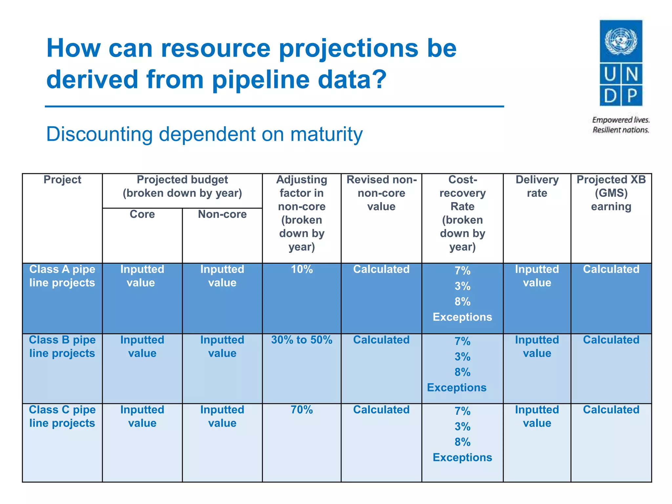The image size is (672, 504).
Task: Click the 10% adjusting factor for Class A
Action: pyautogui.click(x=302, y=269)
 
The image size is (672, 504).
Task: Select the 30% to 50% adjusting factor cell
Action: pyautogui.click(x=302, y=340)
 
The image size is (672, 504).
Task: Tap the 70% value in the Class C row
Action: pyautogui.click(x=302, y=410)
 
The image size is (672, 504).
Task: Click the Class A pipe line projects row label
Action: pyautogui.click(x=62, y=276)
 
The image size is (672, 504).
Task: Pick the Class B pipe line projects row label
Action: pyautogui.click(x=62, y=346)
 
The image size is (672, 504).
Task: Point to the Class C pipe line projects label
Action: pyautogui.click(x=62, y=416)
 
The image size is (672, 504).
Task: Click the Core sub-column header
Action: pyautogui.click(x=142, y=214)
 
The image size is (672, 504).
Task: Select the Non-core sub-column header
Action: pyautogui.click(x=222, y=214)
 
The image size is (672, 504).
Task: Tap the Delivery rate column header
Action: pyautogui.click(x=537, y=186)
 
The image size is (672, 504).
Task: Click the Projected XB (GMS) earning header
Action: pyautogui.click(x=611, y=193)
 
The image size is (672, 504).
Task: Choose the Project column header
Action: pyautogui.click(x=62, y=180)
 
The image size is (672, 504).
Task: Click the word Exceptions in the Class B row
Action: pyautogui.click(x=456, y=388)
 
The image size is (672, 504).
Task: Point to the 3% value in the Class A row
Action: pyautogui.click(x=462, y=286)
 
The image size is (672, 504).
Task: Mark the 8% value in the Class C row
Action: pyautogui.click(x=462, y=442)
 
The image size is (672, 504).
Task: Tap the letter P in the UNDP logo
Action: pyautogui.click(x=632, y=96)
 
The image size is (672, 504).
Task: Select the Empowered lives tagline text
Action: pyautogui.click(x=620, y=120)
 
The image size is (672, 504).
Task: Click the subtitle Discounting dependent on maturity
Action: pyautogui.click(x=204, y=134)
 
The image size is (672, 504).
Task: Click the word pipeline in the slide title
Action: pyautogui.click(x=261, y=79)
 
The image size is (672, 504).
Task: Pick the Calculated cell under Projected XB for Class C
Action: pyautogui.click(x=611, y=410)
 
